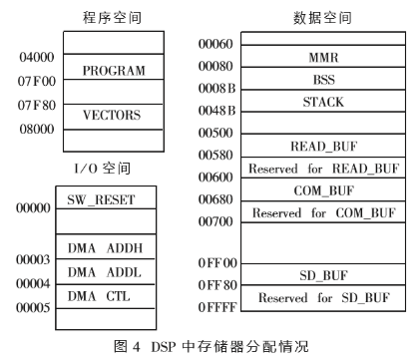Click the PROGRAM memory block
click(114, 72)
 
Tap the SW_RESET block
click(115, 199)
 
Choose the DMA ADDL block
click(115, 272)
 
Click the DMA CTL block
click(115, 295)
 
